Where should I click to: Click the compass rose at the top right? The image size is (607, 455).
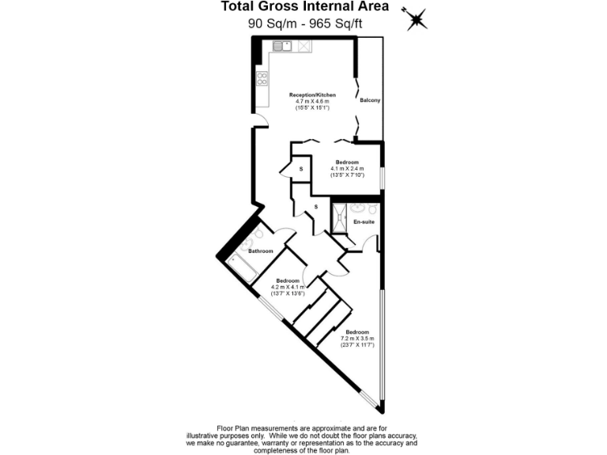click(416, 19)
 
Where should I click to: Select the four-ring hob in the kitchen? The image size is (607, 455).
click(261, 78)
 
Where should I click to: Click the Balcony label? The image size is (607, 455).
click(370, 101)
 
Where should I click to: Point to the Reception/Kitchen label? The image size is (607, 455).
click(307, 95)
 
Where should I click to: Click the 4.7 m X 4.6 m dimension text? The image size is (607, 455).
click(307, 101)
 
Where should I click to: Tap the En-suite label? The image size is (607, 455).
click(363, 222)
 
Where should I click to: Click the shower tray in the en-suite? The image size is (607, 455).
click(340, 219)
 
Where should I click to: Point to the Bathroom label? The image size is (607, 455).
click(260, 251)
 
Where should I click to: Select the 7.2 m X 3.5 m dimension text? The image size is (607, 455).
click(357, 338)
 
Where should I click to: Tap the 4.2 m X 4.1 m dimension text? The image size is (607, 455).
click(288, 287)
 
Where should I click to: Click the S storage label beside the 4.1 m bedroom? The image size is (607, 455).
click(301, 168)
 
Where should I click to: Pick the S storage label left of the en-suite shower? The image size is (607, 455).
click(316, 207)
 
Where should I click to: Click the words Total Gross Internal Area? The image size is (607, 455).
click(304, 7)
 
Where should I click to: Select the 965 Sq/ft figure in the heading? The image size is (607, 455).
click(335, 23)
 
